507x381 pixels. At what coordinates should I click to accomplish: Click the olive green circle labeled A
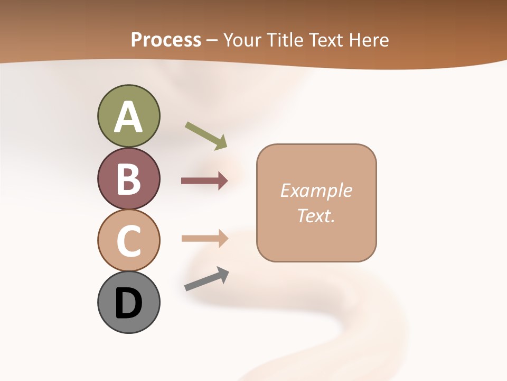[128, 116]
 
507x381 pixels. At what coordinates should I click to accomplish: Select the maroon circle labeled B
[128, 178]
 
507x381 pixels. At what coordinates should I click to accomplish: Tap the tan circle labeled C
[128, 240]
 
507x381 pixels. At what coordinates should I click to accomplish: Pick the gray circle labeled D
[128, 302]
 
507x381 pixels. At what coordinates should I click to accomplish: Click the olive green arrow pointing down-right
[206, 135]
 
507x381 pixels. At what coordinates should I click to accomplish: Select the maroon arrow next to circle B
[204, 181]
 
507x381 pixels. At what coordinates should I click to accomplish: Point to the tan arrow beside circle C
[204, 239]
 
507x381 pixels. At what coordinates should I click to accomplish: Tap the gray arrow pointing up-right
[206, 279]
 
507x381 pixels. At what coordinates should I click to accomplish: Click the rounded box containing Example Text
[316, 203]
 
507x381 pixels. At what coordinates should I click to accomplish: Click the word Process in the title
[166, 40]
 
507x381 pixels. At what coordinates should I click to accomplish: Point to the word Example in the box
[316, 190]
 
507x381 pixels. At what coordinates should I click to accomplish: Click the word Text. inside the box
[316, 216]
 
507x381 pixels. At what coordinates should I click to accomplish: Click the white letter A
[128, 117]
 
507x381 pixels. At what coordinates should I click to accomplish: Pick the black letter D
[128, 303]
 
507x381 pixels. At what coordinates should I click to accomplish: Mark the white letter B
[128, 179]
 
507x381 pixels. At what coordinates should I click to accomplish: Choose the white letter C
[128, 241]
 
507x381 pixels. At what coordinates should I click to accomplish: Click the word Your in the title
[242, 40]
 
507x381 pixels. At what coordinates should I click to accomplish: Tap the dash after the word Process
[211, 41]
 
